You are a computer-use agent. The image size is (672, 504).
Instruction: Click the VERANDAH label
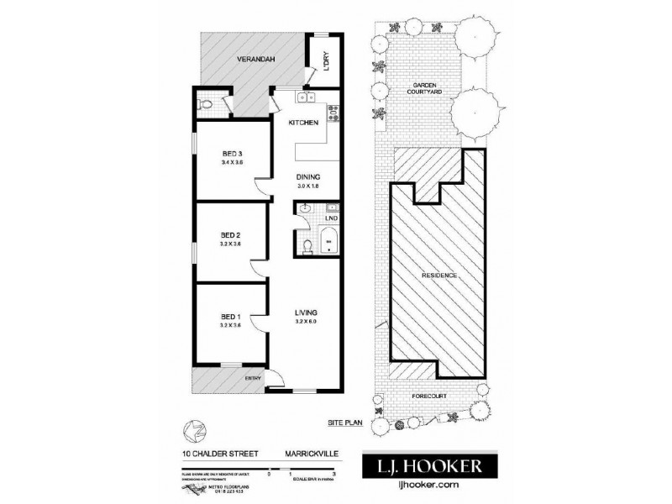(256, 60)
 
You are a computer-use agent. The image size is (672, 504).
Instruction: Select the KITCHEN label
(302, 123)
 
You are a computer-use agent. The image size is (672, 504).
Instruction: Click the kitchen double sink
(303, 101)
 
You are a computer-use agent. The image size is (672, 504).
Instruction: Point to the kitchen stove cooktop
(333, 107)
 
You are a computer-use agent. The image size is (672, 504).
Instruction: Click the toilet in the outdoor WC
(207, 106)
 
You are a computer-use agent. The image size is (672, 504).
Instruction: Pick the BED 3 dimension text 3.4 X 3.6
(232, 162)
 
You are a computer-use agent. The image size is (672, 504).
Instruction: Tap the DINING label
(307, 176)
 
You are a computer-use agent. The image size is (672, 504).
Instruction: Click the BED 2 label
(231, 234)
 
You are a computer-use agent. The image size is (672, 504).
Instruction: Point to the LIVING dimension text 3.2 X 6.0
(306, 322)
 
